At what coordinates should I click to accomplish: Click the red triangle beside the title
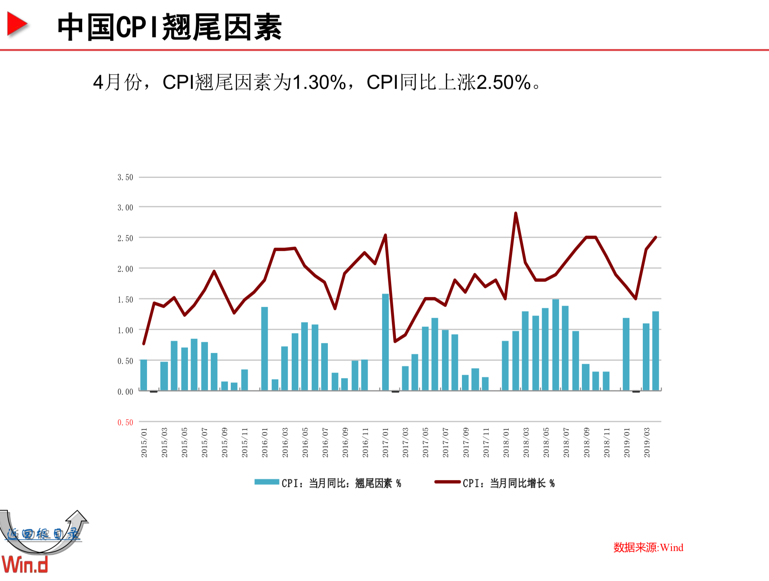coord(17,24)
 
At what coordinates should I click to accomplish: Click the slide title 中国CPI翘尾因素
coord(169,27)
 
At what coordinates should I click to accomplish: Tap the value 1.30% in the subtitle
coord(319,83)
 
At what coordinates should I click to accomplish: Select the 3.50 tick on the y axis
coord(125,177)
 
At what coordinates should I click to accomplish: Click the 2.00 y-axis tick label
coord(125,269)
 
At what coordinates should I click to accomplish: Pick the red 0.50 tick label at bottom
coord(125,422)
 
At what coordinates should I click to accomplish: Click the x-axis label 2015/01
coord(144,442)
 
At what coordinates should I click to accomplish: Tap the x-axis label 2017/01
coord(385,442)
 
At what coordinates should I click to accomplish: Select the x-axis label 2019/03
coord(647,442)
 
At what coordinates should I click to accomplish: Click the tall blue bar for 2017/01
coord(385,342)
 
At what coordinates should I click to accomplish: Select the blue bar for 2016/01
coord(265,348)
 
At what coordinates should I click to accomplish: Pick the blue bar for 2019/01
coord(626,354)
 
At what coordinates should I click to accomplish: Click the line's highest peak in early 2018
coord(515,213)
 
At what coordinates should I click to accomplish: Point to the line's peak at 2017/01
coord(385,235)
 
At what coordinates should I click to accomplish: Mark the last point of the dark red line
coord(656,237)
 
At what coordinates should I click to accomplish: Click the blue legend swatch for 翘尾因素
coord(267,482)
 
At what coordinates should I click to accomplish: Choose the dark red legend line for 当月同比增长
coord(447,482)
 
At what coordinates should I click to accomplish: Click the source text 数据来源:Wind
coord(648,547)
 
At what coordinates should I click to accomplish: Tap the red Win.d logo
coord(24,564)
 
